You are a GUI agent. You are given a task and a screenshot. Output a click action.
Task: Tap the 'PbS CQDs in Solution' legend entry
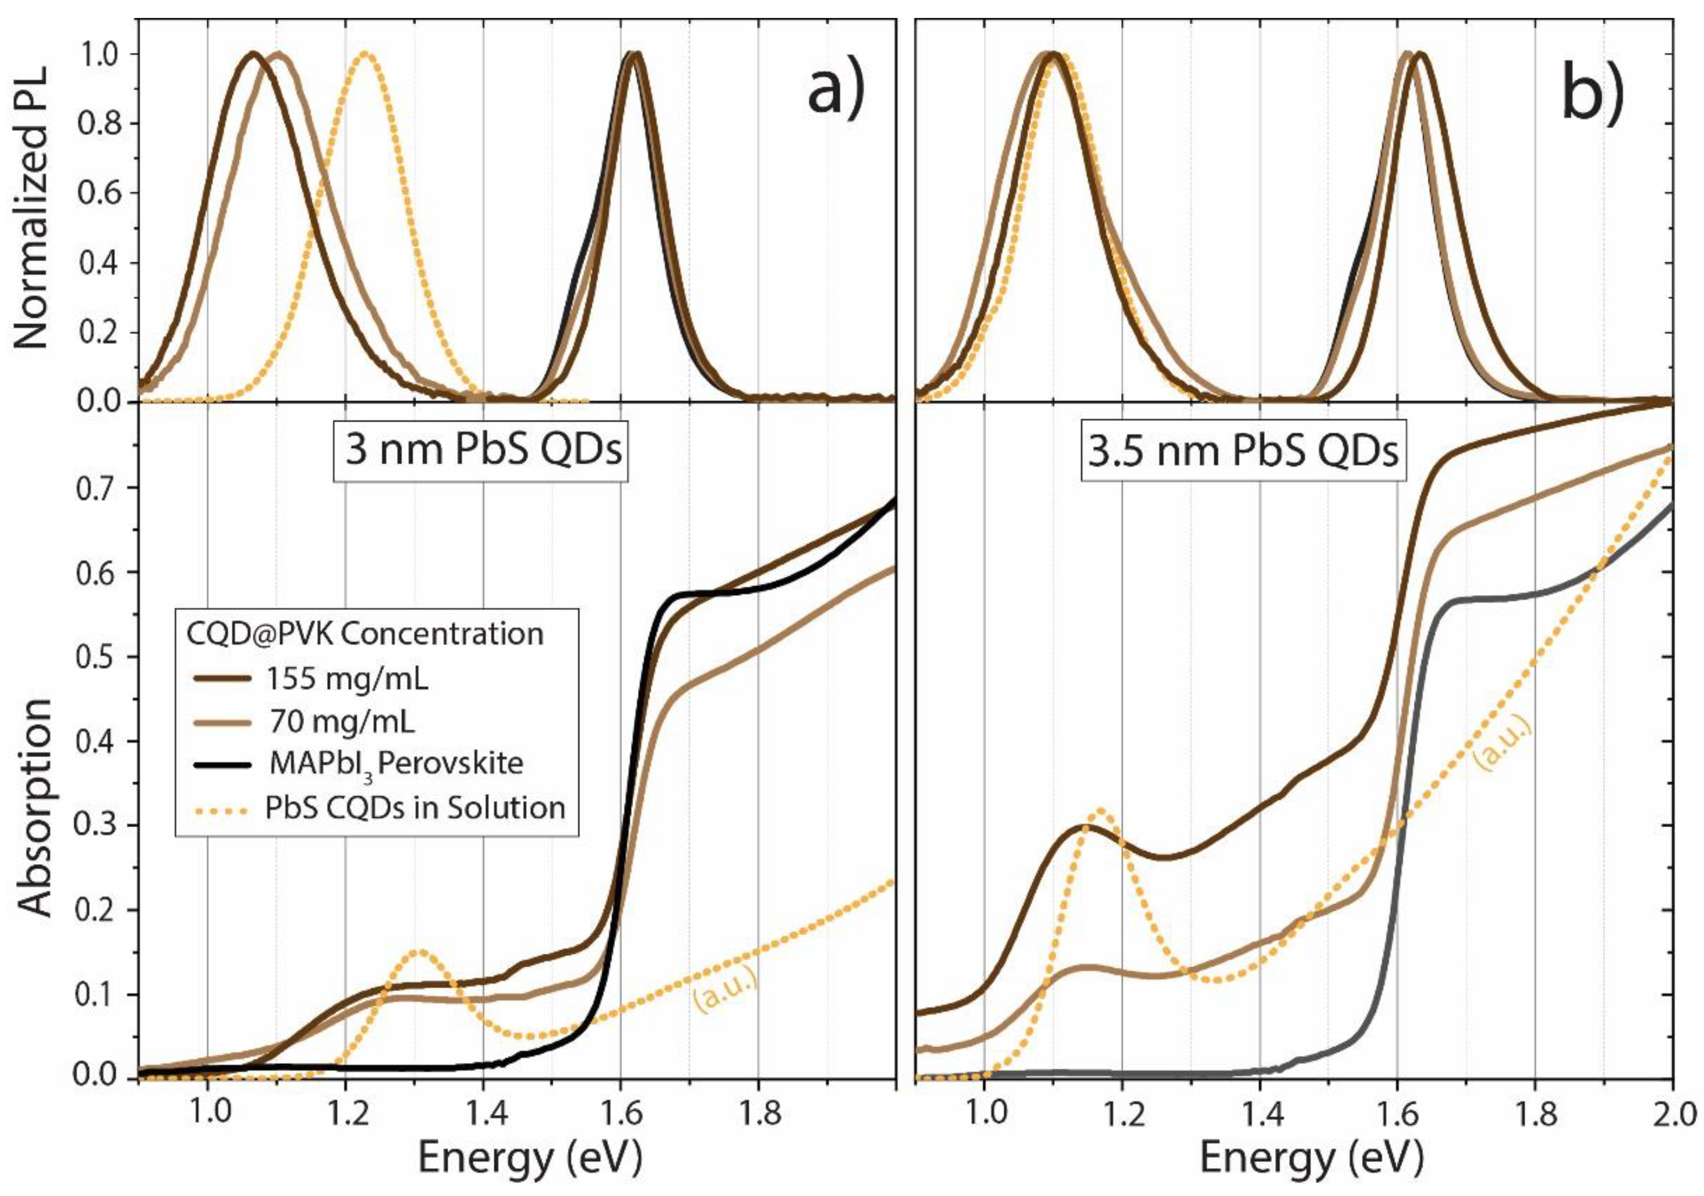(415, 807)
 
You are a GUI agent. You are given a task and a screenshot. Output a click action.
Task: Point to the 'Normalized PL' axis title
(31, 208)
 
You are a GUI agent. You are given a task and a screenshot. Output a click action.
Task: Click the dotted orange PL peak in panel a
(365, 55)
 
